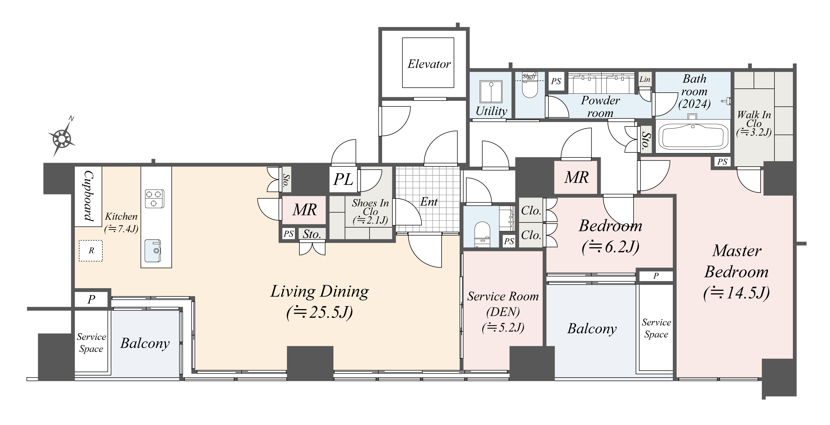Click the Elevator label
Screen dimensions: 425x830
coord(429,64)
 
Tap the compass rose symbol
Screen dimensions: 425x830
coord(62,139)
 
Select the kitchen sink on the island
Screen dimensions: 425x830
coord(152,251)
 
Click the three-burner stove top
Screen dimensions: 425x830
coord(154,199)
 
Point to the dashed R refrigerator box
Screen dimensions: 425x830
coord(91,250)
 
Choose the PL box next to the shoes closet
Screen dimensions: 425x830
coord(343,179)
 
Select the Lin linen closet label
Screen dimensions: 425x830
coord(645,79)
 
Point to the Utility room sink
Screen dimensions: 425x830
coord(491,92)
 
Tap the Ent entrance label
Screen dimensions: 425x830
coord(429,202)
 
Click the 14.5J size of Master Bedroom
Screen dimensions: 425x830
coord(736,293)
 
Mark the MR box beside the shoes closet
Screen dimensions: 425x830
coord(304,210)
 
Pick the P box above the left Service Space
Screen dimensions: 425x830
coord(91,299)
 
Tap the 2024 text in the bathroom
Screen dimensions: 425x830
coord(694,104)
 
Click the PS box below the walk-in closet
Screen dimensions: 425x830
coord(722,162)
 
